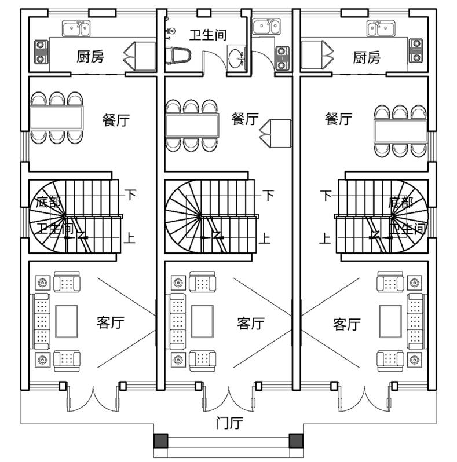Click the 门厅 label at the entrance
[228, 423]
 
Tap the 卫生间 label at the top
[208, 35]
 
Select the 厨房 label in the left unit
[90, 57]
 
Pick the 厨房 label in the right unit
[367, 57]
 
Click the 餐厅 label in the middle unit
[244, 119]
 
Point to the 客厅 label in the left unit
[111, 322]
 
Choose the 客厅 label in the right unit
[347, 324]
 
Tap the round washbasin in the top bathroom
[236, 58]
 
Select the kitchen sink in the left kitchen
[76, 28]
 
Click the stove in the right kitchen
[416, 50]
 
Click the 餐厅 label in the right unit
[338, 119]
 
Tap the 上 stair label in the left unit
[130, 238]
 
